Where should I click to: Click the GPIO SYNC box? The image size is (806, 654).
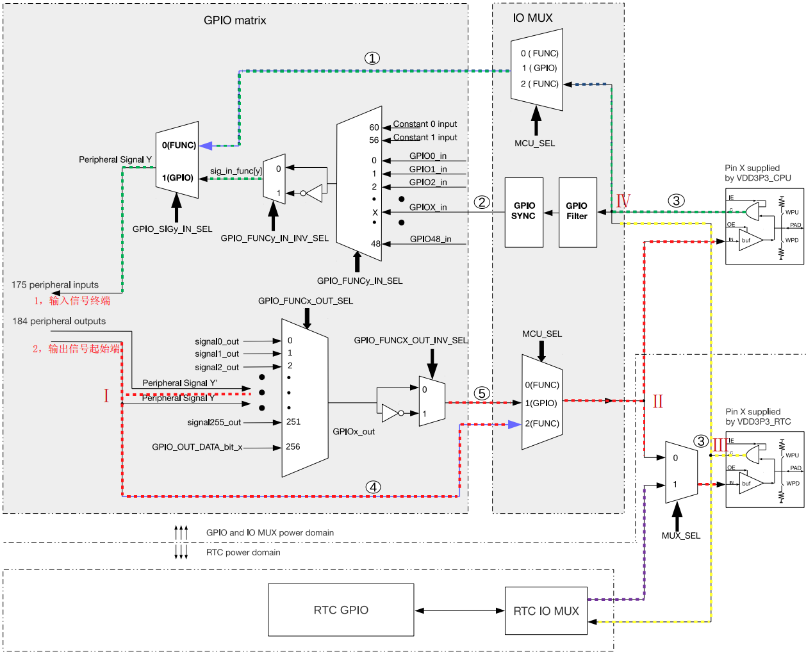pos(524,212)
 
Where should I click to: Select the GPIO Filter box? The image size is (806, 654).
pos(577,212)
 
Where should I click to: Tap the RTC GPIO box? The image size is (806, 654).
pos(341,610)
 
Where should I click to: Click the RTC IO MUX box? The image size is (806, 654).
pos(546,611)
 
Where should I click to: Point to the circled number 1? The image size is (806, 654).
pos(372,58)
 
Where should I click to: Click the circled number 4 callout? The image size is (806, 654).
pos(373,487)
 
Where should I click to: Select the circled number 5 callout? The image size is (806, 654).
pos(482,393)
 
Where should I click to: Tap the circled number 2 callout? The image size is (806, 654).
pos(482,202)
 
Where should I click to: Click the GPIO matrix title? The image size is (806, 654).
pos(235,20)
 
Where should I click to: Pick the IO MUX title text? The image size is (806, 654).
pos(532,18)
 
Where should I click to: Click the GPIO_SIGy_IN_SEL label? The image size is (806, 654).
pos(172,229)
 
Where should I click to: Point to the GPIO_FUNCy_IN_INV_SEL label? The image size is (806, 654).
pos(274,238)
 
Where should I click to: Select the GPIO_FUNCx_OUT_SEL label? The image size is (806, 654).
pos(306,300)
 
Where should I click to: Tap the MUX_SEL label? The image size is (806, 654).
pos(681,535)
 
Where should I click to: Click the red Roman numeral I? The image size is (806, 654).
pos(106,395)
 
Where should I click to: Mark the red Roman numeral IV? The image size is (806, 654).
pos(623,201)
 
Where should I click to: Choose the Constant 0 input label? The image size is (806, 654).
pos(425,124)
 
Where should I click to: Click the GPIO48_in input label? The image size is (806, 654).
pos(431,239)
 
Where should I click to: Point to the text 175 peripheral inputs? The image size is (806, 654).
pos(55,285)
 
